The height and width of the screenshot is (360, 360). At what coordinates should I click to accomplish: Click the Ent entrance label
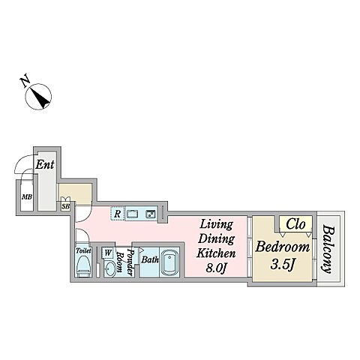pos(45,164)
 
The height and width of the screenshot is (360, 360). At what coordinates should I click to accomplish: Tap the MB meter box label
pos(27,197)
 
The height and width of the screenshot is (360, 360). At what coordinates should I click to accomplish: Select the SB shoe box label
pos(65,207)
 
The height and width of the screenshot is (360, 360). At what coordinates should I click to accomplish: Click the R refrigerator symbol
pos(117,214)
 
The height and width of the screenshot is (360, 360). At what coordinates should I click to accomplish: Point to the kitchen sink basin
pos(132,214)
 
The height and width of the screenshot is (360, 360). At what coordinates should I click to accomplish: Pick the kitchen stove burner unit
pos(151,214)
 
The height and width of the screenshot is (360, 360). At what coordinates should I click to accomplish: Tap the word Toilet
pos(83,250)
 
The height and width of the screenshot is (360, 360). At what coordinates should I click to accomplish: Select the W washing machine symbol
pos(108,253)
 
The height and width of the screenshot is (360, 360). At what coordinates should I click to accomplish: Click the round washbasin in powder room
pos(110,269)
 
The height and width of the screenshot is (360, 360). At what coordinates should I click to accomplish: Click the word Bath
pos(150,259)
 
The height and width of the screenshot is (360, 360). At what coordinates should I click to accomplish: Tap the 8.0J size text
pos(216,268)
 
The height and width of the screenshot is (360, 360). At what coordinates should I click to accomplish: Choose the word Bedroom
pos(282,247)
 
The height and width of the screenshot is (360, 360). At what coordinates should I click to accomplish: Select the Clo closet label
pos(295,224)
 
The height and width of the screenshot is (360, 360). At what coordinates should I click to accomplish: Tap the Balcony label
pos(328,249)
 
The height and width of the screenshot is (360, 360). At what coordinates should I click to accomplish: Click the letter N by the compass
pos(25,82)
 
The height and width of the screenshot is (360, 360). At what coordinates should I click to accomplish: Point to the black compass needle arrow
pos(40,97)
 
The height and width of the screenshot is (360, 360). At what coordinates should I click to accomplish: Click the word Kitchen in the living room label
pos(216,253)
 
